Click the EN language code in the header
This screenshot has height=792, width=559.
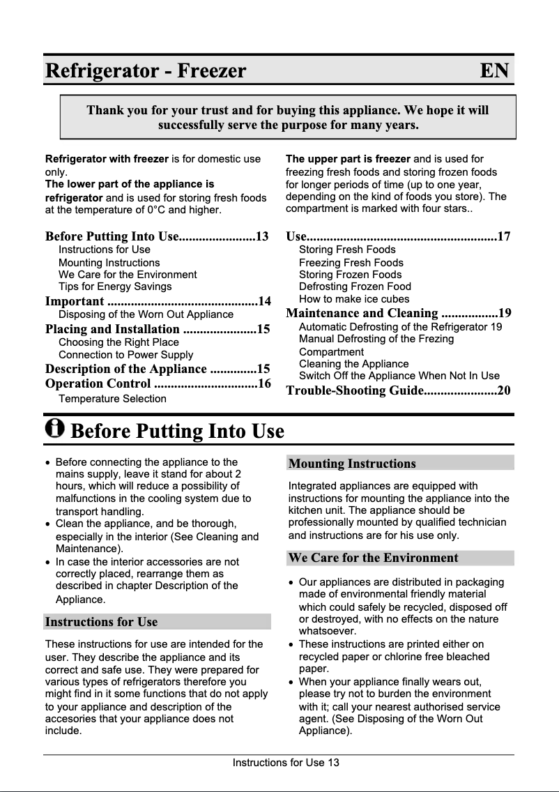pyautogui.click(x=494, y=70)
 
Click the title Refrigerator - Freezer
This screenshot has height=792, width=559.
pyautogui.click(x=146, y=70)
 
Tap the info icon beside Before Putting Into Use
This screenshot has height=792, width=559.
pyautogui.click(x=54, y=429)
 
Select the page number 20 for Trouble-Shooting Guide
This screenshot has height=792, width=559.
pyautogui.click(x=503, y=390)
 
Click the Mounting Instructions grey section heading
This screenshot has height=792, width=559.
pyautogui.click(x=352, y=464)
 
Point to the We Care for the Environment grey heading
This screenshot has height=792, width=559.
pyautogui.click(x=373, y=558)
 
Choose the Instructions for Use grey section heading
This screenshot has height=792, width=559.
pyautogui.click(x=101, y=622)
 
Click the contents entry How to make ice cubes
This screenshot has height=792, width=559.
pyautogui.click(x=354, y=299)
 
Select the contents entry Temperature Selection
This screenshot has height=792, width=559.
pyautogui.click(x=112, y=399)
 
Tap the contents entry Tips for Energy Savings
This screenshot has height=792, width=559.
pyautogui.click(x=115, y=287)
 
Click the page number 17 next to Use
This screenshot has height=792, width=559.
pyautogui.click(x=503, y=237)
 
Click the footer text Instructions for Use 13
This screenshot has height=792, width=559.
pyautogui.click(x=286, y=762)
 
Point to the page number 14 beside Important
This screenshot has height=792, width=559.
pyautogui.click(x=263, y=301)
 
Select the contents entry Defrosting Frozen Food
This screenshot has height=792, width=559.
pyautogui.click(x=355, y=287)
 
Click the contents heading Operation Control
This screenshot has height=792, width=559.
pyautogui.click(x=98, y=384)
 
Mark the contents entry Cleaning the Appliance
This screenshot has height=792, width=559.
pyautogui.click(x=353, y=364)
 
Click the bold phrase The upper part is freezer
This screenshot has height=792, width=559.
pyautogui.click(x=349, y=159)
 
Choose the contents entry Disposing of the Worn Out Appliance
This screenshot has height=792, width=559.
pyautogui.click(x=146, y=314)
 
